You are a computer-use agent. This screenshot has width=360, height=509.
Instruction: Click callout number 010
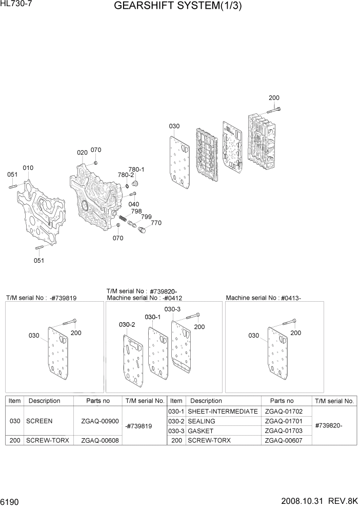pyautogui.click(x=28, y=168)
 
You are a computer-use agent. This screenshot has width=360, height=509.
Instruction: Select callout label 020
pyautogui.click(x=82, y=153)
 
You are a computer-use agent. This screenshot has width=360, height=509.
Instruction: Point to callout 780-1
pyautogui.click(x=136, y=169)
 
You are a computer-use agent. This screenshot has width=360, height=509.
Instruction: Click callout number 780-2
pyautogui.click(x=125, y=175)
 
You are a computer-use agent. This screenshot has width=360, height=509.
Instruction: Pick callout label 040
pyautogui.click(x=134, y=204)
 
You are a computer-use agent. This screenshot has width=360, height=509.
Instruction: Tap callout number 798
pyautogui.click(x=136, y=211)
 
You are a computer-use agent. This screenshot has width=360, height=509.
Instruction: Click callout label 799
pyautogui.click(x=146, y=217)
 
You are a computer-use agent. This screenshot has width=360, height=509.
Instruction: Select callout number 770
pyautogui.click(x=156, y=223)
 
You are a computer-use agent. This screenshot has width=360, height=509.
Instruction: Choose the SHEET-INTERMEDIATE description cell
pyautogui.click(x=223, y=412)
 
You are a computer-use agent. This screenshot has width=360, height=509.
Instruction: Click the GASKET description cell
pyautogui.click(x=201, y=430)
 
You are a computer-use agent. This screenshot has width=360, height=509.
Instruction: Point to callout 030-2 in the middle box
pyautogui.click(x=127, y=325)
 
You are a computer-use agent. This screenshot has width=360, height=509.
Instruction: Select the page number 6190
pyautogui.click(x=12, y=500)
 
